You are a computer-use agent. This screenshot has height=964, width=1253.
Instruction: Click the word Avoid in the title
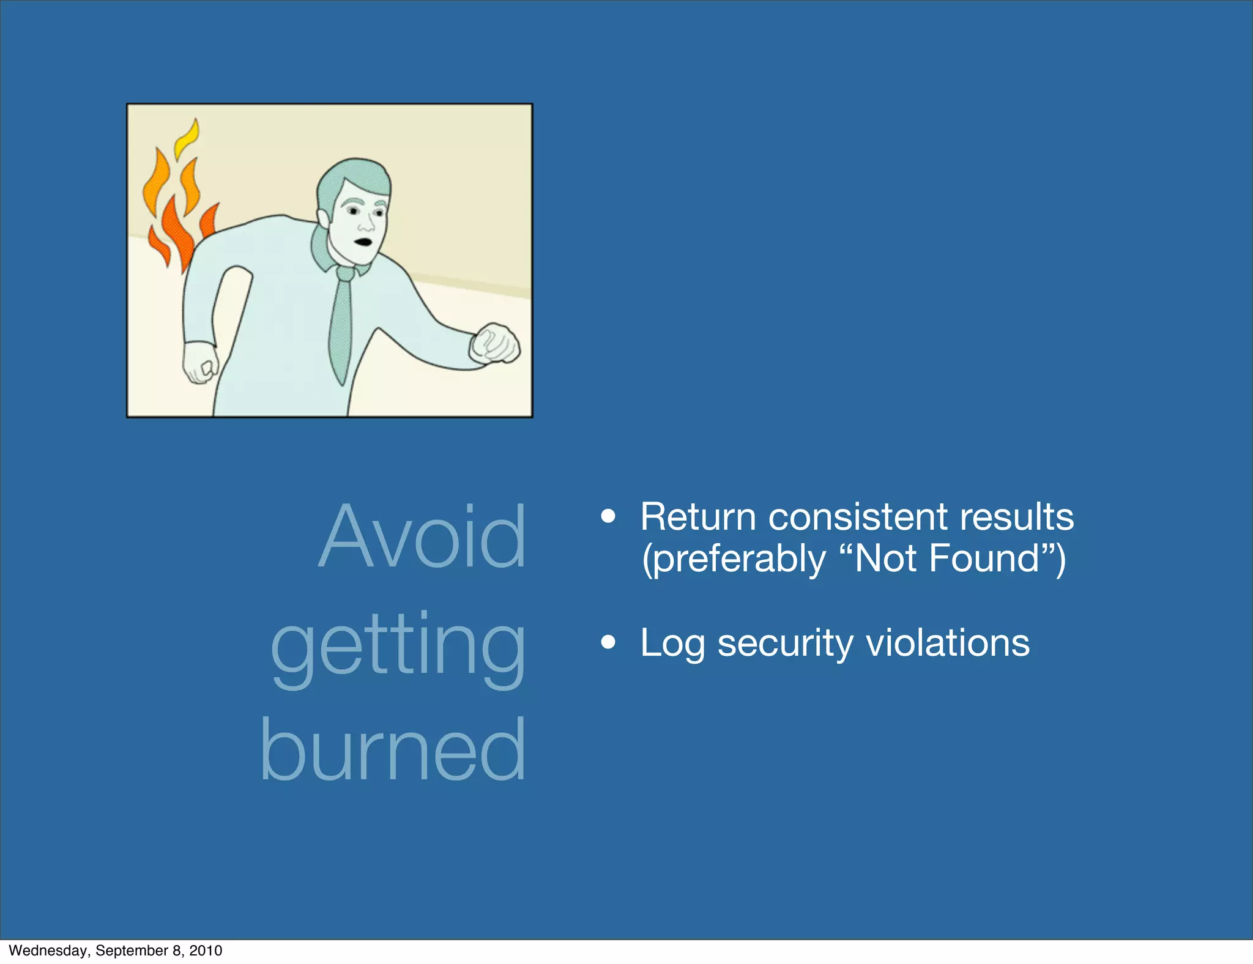(422, 536)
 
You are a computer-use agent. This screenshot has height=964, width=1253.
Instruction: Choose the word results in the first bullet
(1016, 517)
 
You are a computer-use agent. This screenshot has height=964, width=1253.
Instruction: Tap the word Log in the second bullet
(672, 645)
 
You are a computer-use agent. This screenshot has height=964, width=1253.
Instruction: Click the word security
(785, 643)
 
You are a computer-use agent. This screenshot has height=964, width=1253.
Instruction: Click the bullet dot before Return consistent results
(608, 516)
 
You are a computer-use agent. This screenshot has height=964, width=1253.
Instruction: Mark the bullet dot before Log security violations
(608, 642)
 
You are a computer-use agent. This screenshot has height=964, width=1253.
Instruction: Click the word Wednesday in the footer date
(48, 951)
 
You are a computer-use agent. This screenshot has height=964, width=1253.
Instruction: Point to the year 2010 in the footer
(206, 951)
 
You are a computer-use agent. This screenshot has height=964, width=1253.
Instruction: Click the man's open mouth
(364, 241)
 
